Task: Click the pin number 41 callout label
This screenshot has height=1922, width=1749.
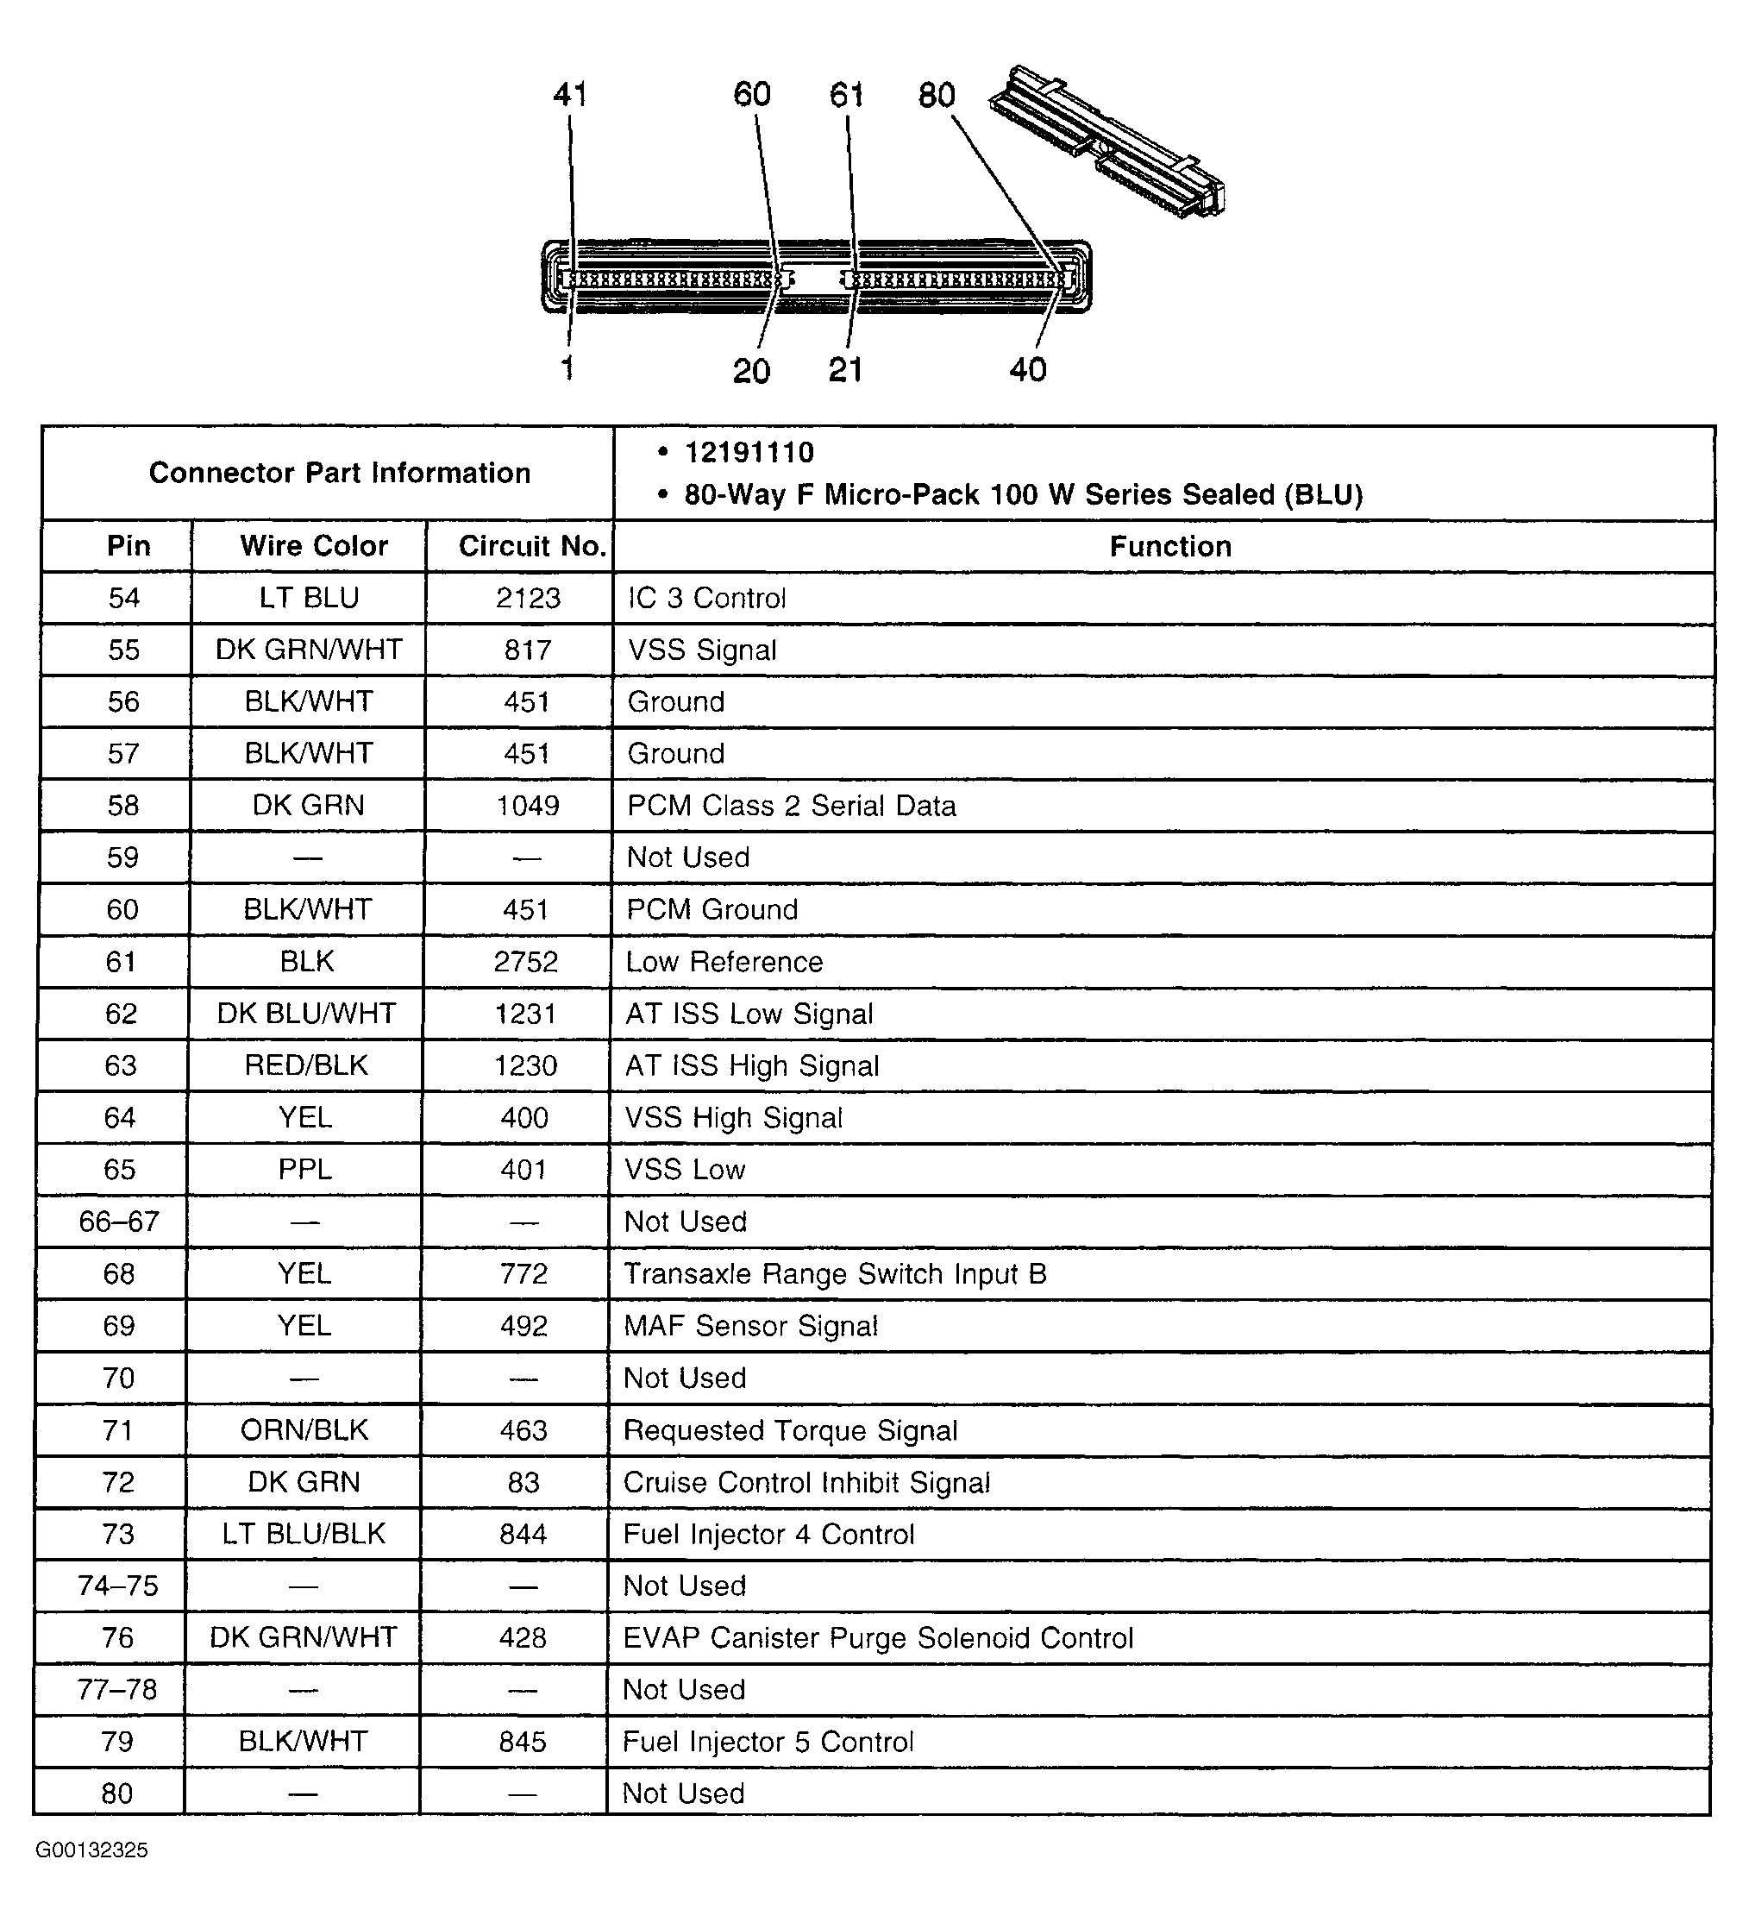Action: [x=570, y=94]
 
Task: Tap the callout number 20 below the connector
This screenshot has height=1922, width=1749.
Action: [x=751, y=371]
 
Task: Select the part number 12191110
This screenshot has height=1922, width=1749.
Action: [x=749, y=453]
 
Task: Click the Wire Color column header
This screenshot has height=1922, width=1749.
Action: [x=314, y=546]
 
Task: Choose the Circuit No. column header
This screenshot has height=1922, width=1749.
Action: [x=532, y=546]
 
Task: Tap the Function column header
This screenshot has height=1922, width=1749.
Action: [x=1169, y=546]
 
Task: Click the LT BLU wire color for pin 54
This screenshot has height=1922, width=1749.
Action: [x=309, y=598]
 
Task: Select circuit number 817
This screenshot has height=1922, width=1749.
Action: [x=528, y=650]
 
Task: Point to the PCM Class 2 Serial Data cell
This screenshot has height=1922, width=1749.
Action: [x=791, y=806]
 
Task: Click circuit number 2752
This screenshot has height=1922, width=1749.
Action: [x=526, y=962]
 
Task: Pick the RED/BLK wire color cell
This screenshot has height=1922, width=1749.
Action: [x=306, y=1066]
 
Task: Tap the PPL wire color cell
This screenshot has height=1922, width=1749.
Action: [x=305, y=1170]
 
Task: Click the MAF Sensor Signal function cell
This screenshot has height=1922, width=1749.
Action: [x=750, y=1326]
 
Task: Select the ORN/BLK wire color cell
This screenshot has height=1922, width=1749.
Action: [x=304, y=1430]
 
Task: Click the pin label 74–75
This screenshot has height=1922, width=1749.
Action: [x=117, y=1586]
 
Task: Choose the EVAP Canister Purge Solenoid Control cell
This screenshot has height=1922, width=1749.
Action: [x=878, y=1638]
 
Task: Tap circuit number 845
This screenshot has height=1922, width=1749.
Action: [x=523, y=1742]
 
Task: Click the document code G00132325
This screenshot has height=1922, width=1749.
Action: [x=91, y=1850]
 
